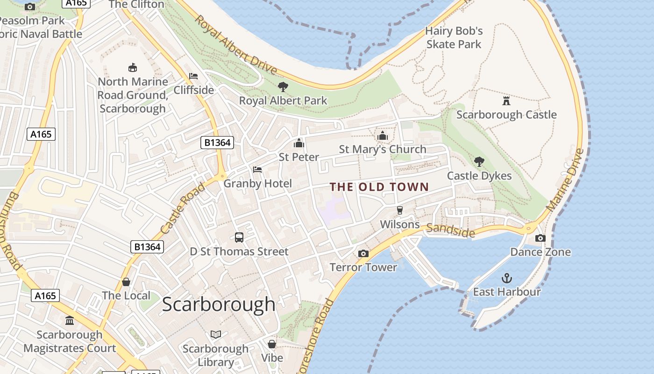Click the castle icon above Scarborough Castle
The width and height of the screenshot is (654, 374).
(506, 101)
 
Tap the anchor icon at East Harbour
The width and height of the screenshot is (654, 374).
(507, 279)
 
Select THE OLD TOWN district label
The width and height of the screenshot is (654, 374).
(379, 187)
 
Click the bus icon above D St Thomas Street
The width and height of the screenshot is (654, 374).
(239, 237)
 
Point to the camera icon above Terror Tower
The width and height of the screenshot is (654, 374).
(363, 253)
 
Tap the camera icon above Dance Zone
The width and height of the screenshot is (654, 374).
(540, 238)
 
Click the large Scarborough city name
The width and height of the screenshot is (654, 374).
(219, 304)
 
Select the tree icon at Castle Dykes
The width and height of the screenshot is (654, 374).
(479, 162)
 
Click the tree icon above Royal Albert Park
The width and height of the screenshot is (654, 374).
(283, 86)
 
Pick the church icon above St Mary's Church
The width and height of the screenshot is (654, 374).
(382, 136)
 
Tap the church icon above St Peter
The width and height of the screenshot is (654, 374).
(299, 143)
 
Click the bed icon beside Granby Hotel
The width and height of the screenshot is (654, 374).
(257, 169)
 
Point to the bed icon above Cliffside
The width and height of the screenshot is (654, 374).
(193, 76)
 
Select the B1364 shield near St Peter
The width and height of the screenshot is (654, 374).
(217, 143)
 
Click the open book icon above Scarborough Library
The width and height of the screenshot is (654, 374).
(215, 334)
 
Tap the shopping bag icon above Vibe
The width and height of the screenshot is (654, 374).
(272, 344)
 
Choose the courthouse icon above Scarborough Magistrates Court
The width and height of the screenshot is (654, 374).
(70, 320)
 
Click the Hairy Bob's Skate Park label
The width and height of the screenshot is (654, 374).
(454, 37)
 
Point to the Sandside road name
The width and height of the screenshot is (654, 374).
(451, 230)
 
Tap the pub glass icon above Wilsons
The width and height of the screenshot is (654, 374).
(399, 210)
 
